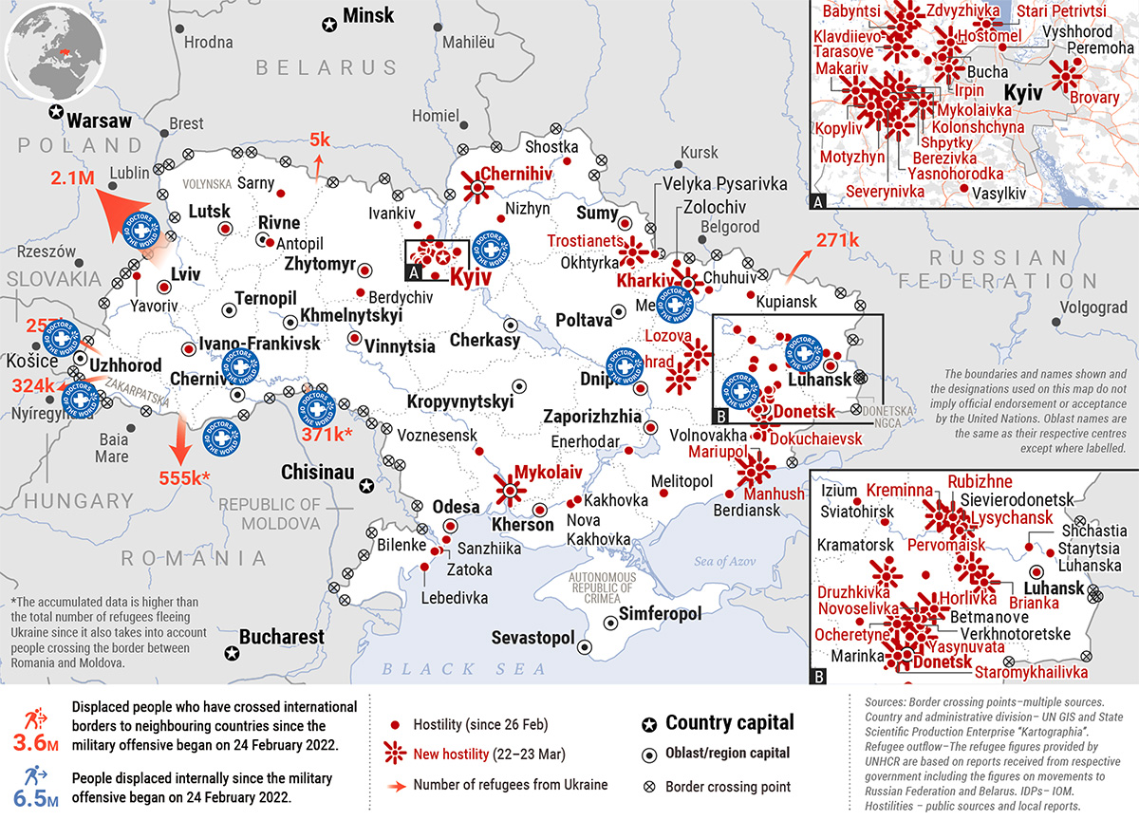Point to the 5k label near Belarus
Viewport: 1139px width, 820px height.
(320, 140)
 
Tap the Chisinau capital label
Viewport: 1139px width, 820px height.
(317, 472)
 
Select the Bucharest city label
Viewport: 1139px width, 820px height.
(281, 637)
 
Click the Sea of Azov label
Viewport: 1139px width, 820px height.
(723, 561)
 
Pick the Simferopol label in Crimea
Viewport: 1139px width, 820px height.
(660, 614)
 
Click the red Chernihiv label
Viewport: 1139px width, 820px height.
(516, 174)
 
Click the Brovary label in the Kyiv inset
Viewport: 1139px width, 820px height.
(1093, 97)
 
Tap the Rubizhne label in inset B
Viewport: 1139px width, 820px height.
(980, 482)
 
